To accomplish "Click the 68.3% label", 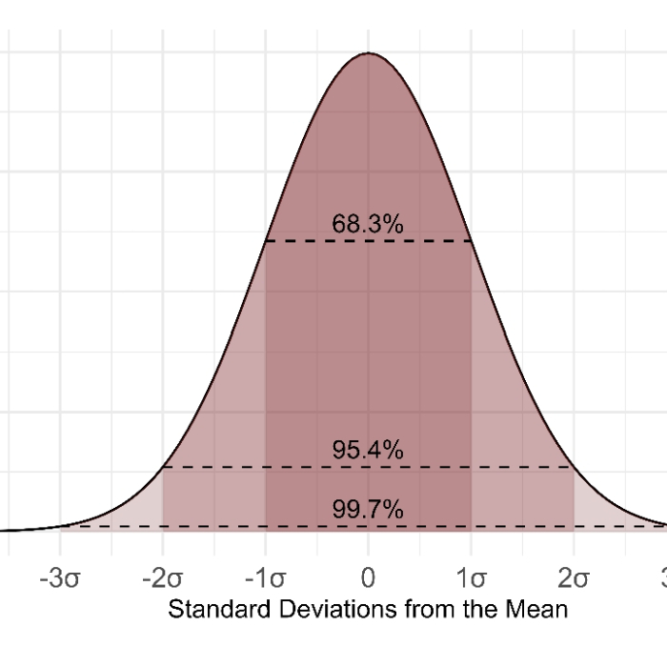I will tap(368, 225).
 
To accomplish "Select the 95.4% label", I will tap(368, 451).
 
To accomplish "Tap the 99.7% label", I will tap(368, 511).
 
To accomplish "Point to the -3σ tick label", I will tap(60, 579).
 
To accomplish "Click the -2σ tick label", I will tap(163, 579).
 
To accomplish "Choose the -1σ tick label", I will tap(266, 579).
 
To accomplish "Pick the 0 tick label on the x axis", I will tap(369, 579).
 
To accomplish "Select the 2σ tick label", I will tap(574, 579).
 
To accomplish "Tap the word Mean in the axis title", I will tap(544, 610).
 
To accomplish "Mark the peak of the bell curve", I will tap(369, 53).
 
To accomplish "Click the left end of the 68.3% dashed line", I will tap(266, 241).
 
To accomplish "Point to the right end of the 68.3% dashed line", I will tap(472, 241).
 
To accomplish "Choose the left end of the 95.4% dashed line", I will tap(163, 467).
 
